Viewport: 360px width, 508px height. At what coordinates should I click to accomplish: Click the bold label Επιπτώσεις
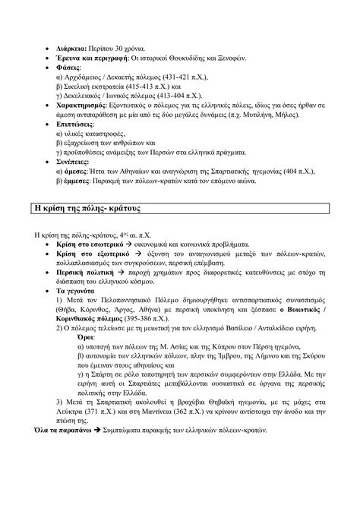(77, 128)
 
